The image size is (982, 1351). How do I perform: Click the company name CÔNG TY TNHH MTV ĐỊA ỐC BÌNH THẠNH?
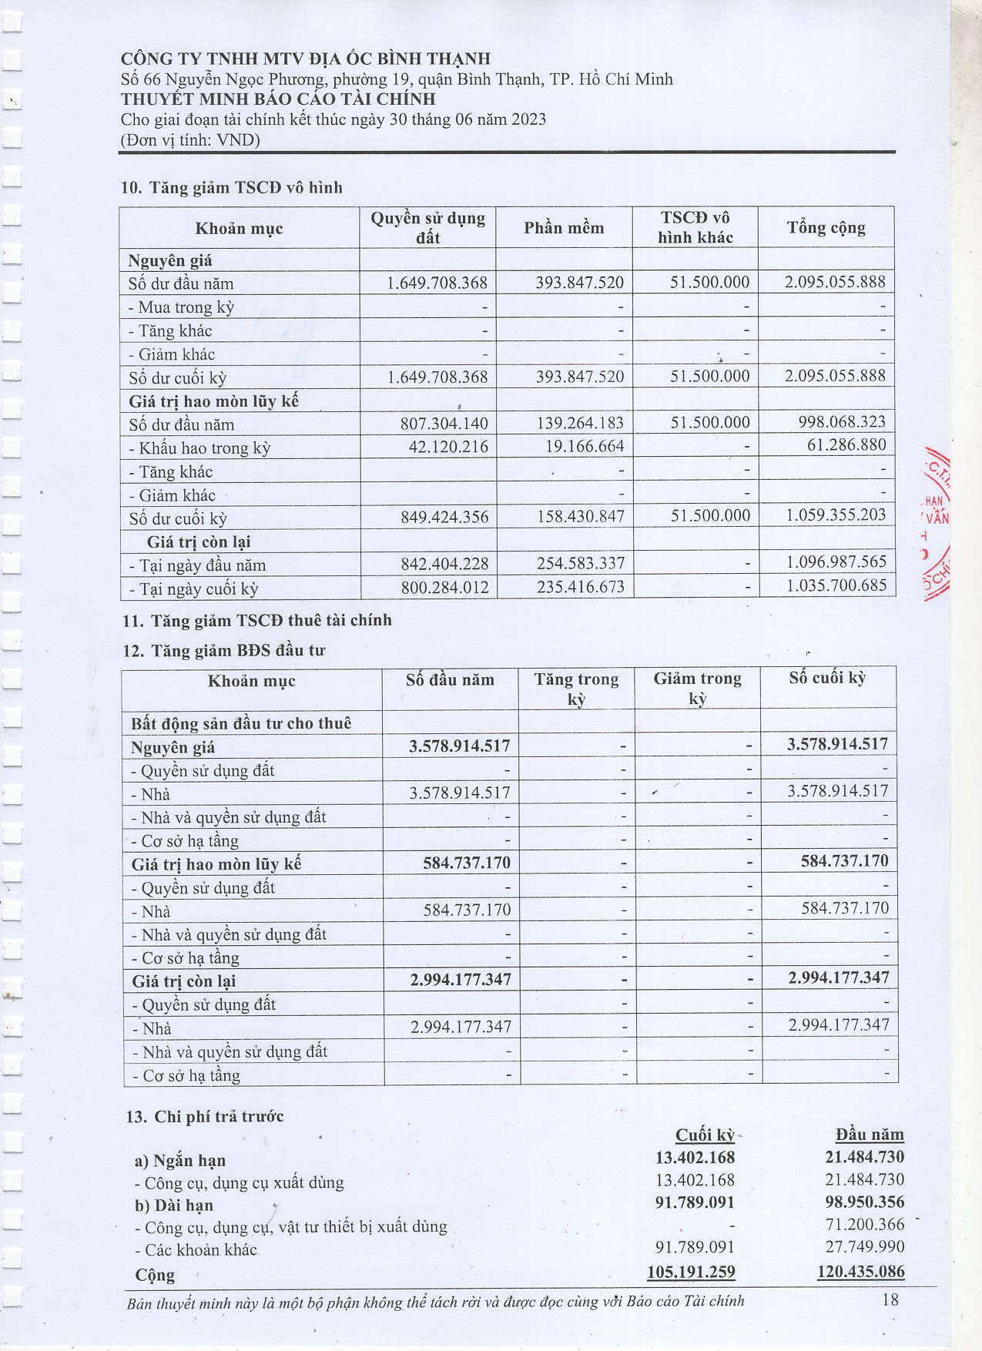point(305,59)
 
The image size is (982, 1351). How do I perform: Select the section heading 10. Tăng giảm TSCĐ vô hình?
point(232,188)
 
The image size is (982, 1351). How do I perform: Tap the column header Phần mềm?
point(564,228)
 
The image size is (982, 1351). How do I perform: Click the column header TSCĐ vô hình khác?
point(695,228)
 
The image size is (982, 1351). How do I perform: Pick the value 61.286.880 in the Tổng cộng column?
point(846,445)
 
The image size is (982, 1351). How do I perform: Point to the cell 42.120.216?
point(448,447)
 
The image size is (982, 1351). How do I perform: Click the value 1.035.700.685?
point(836,585)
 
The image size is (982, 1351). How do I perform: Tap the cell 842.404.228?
point(444,564)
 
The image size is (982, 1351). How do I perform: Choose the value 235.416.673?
point(581,587)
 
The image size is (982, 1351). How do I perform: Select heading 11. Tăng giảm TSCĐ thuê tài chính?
point(256,621)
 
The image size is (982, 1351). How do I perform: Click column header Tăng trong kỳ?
point(576,689)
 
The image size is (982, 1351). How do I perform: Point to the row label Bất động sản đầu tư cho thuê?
point(241,723)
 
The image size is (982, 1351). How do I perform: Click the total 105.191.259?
point(691,1272)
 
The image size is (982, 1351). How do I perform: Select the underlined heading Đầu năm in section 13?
point(870,1135)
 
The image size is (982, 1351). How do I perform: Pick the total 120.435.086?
point(860,1272)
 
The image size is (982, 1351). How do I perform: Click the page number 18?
point(890,1300)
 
